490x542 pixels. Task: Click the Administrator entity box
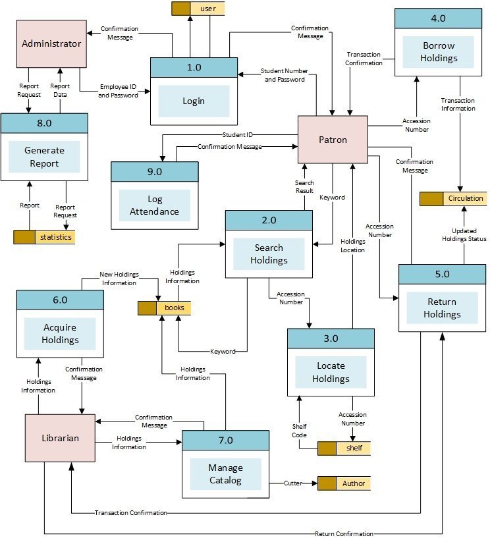click(51, 43)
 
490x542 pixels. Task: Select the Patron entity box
click(333, 140)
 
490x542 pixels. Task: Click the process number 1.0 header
click(194, 67)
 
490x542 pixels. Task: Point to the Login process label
click(194, 101)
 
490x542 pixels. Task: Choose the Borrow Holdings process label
click(439, 52)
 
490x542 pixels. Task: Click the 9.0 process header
click(154, 171)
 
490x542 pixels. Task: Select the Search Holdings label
click(269, 254)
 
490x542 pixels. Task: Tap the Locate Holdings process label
click(331, 372)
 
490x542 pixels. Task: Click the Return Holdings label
click(442, 308)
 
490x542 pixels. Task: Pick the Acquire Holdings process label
click(60, 334)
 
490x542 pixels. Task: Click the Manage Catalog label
click(225, 474)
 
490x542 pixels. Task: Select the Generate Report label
click(44, 157)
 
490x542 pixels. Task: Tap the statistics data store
click(55, 236)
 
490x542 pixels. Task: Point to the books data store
click(173, 308)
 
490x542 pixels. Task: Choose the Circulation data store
click(465, 198)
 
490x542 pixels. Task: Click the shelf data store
click(354, 448)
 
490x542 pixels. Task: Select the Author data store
click(353, 483)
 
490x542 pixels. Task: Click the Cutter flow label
click(293, 483)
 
